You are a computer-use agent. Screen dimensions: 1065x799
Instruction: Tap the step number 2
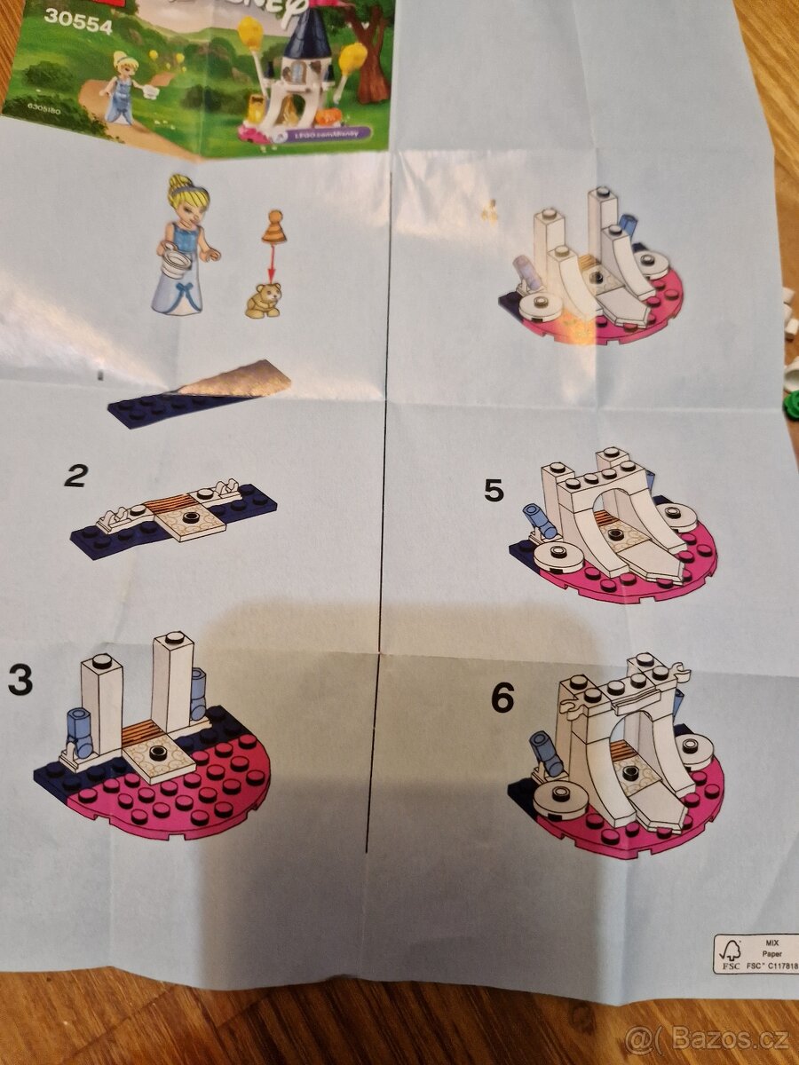point(76,477)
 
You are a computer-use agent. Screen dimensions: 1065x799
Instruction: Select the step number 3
point(20,680)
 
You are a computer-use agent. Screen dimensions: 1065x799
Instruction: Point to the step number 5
point(494,490)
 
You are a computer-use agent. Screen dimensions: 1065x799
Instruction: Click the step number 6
point(502,698)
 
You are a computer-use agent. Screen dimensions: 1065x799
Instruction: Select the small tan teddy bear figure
point(263,300)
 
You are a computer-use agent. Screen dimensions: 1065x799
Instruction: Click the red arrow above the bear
point(272,263)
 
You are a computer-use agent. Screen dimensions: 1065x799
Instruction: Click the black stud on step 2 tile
point(189,517)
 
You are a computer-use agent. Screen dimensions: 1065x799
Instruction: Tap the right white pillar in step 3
point(173,679)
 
